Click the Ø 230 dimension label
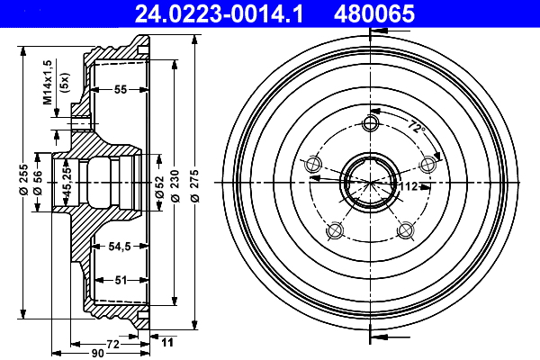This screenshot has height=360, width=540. pos(175,184)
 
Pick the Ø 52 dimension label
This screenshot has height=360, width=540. pos(158,184)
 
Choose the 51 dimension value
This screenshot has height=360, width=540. pos(120,279)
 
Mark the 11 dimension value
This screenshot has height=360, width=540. pos(166,342)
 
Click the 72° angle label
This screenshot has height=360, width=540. pos(414,126)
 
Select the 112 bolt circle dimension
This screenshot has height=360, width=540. pos(409,186)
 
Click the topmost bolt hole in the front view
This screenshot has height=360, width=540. pos(369,123)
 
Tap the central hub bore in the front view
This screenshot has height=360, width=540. pos(369,180)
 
